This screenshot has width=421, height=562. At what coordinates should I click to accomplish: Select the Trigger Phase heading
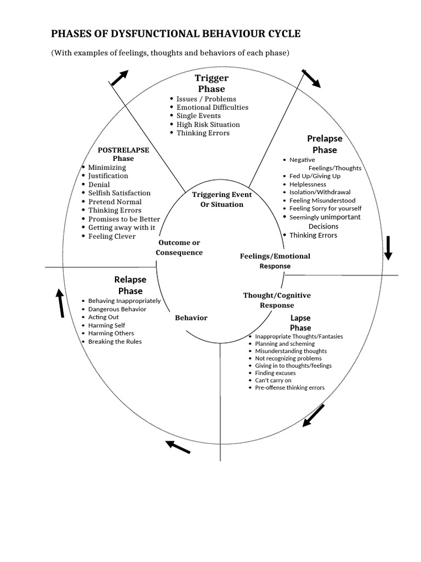point(212,83)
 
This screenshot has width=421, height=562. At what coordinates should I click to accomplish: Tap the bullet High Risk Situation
point(208,125)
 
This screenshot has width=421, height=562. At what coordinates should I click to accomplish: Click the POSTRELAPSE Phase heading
point(123,154)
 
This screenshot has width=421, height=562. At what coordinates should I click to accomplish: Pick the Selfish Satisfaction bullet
point(119,193)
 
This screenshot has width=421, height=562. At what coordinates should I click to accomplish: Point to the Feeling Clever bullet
point(112,236)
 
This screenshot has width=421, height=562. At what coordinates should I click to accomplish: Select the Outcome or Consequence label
point(179,248)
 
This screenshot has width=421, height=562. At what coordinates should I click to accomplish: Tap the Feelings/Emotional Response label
point(275,261)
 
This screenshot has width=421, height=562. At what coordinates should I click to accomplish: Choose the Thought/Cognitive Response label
point(277,300)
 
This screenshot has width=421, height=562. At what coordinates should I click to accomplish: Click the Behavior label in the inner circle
point(191,318)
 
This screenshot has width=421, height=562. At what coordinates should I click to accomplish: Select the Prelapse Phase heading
point(325,144)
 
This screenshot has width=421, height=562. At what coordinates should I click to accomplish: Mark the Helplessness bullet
point(308,184)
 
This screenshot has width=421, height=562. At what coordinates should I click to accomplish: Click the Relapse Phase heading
point(130,285)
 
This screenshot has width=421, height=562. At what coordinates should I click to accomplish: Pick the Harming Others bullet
point(111,333)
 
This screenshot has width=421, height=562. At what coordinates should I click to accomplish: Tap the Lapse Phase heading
point(300,323)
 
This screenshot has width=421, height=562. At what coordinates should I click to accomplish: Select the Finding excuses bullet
point(275,373)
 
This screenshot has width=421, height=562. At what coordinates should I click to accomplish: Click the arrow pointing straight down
point(389,248)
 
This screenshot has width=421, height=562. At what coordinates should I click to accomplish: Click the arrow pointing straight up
point(60,304)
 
